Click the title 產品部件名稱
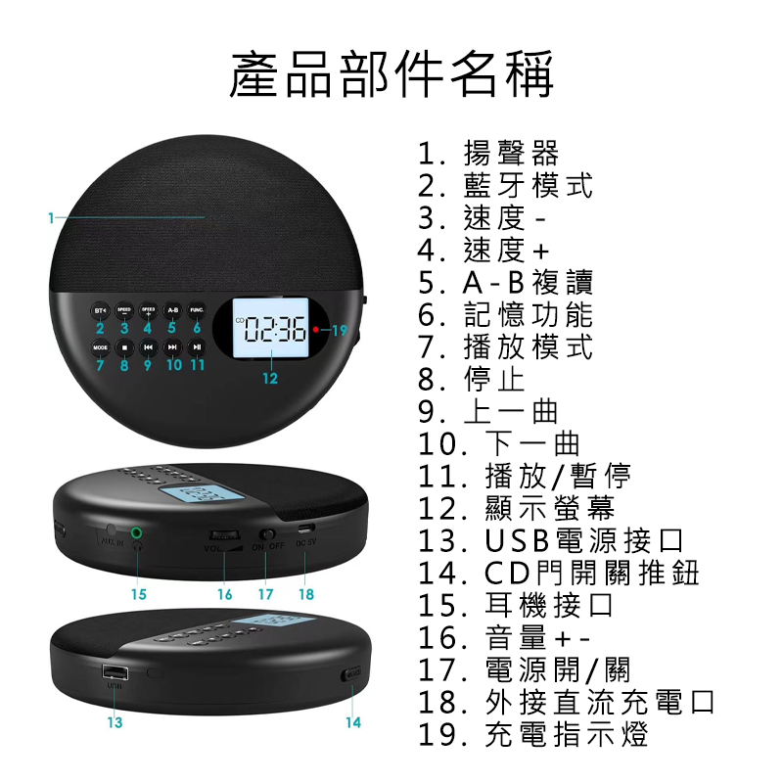click(391, 75)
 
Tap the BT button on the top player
click(100, 310)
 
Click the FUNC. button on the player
click(197, 310)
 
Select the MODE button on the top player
click(100, 346)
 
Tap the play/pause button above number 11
click(197, 346)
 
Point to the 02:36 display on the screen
click(277, 330)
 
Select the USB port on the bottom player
click(115, 673)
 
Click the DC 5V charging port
click(305, 535)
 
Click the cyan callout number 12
click(270, 378)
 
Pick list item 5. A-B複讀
click(505, 283)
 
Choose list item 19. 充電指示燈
click(532, 735)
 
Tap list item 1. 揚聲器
click(488, 154)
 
